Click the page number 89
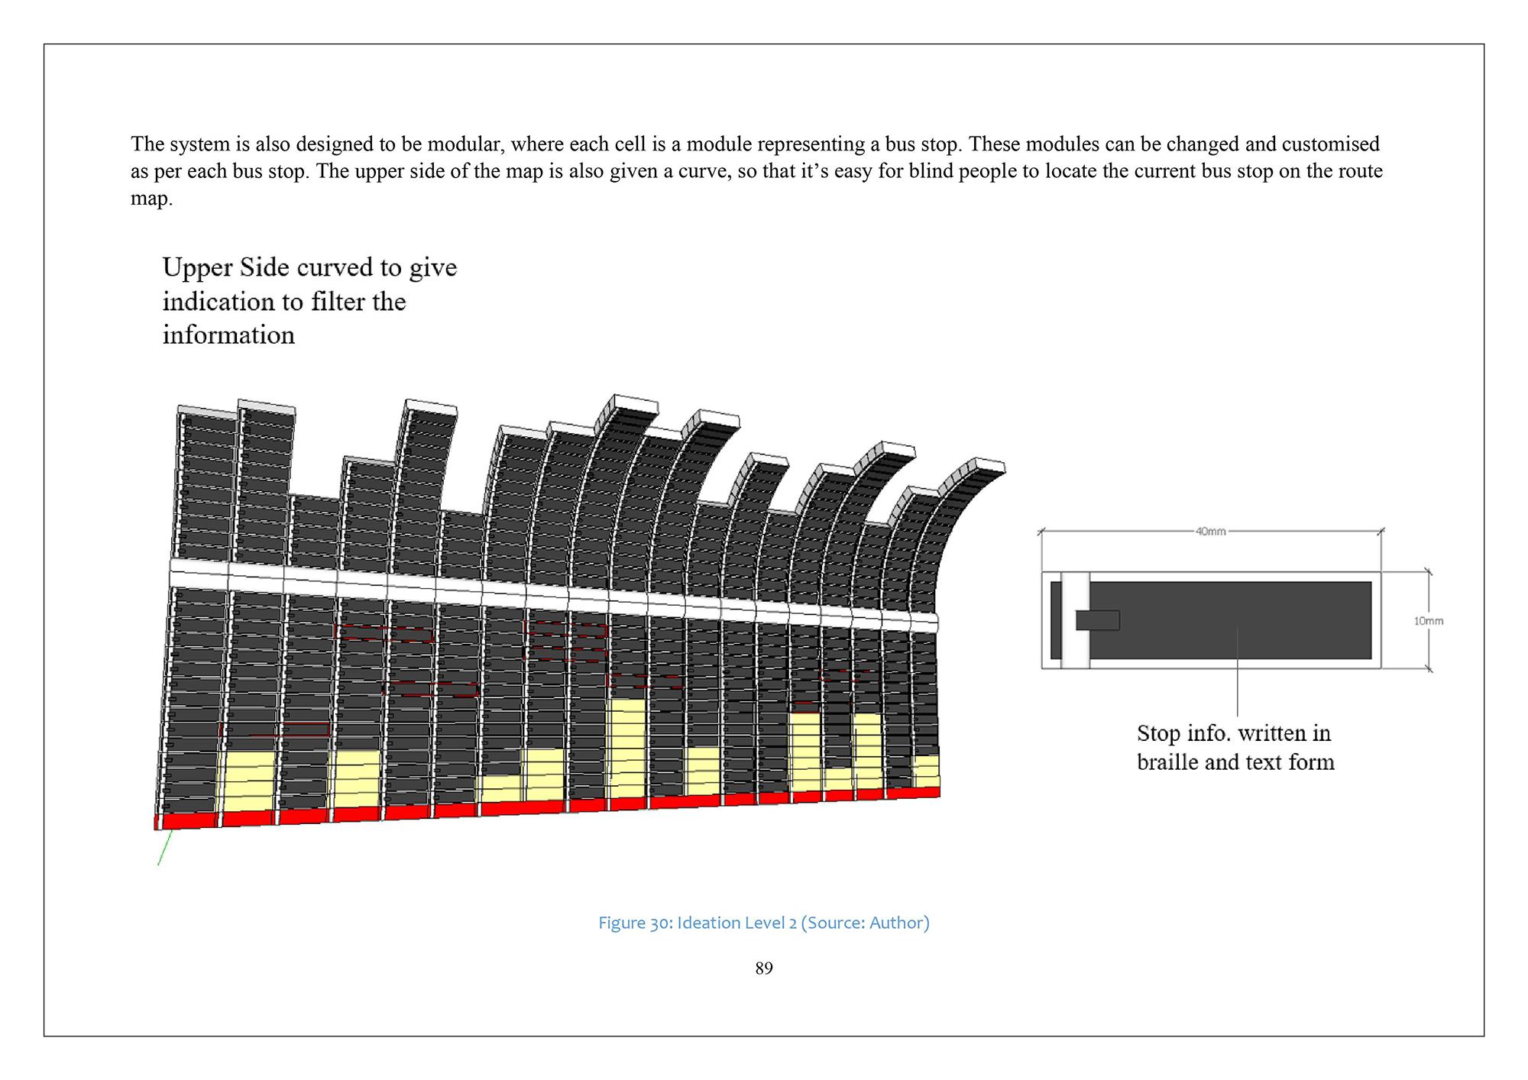point(763,968)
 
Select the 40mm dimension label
point(1210,532)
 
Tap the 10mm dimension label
point(1428,621)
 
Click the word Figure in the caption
point(621,923)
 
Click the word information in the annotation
point(228,335)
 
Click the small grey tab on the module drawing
point(1098,620)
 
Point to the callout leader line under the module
point(1237,672)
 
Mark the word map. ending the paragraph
point(151,199)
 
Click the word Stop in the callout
point(1158,733)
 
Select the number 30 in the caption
point(660,923)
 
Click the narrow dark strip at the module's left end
point(1056,620)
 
